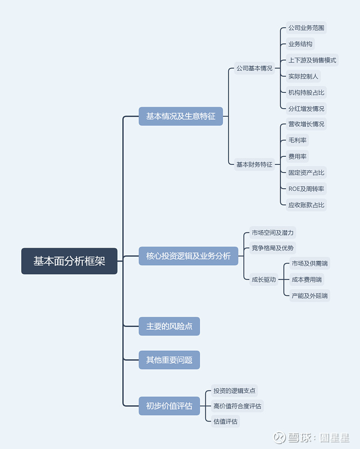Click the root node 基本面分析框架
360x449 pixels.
tap(69, 261)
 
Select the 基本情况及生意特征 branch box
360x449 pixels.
tap(180, 116)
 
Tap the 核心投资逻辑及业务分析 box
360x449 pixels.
tap(188, 256)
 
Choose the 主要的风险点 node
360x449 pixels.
tap(169, 326)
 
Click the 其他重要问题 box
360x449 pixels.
tap(169, 360)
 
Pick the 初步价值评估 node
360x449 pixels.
tap(169, 406)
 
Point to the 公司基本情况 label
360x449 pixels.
tap(254, 68)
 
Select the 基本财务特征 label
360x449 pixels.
tap(254, 164)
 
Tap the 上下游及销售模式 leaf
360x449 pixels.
tap(312, 60)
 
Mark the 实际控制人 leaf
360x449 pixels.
tap(303, 76)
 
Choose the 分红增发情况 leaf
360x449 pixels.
tap(306, 109)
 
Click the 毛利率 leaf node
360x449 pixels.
tap(297, 140)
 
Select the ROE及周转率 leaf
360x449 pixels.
tap(306, 189)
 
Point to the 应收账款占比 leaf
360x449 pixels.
tap(306, 205)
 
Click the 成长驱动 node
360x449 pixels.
tap(264, 279)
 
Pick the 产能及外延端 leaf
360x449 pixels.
tap(310, 295)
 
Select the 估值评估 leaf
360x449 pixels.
tap(225, 422)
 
